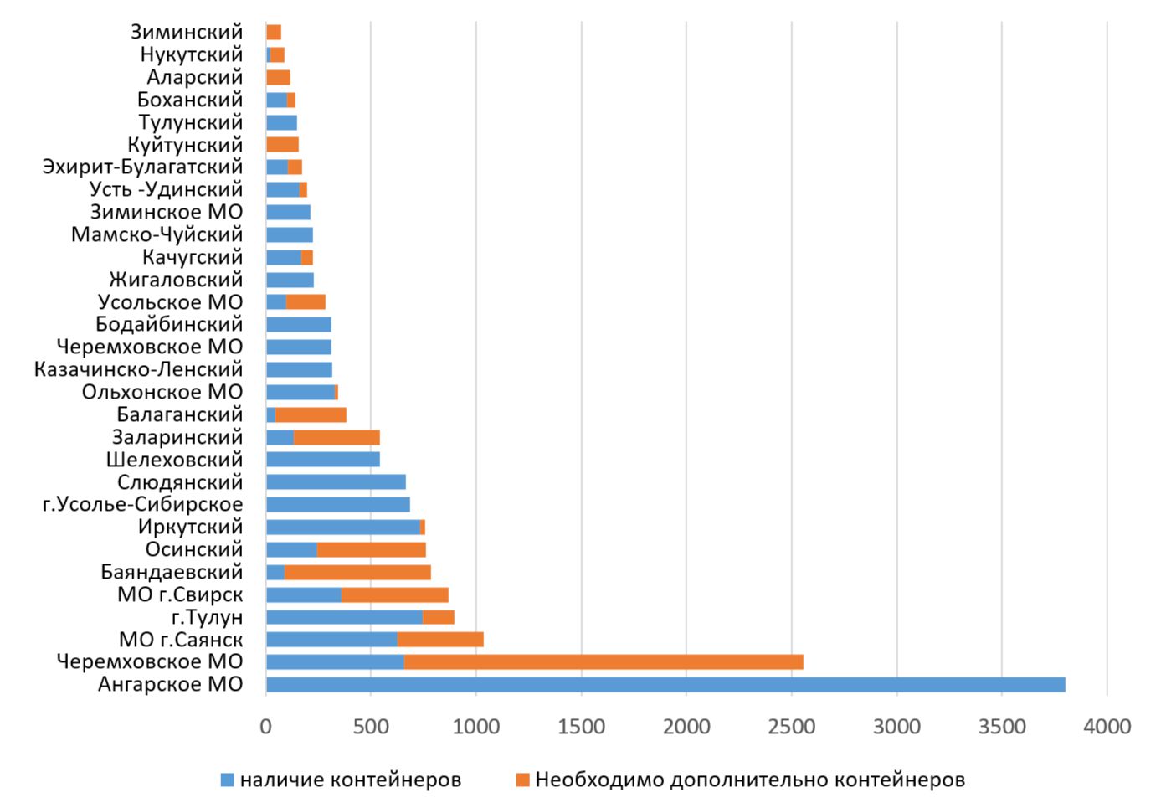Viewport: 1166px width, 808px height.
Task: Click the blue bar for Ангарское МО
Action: coord(665,684)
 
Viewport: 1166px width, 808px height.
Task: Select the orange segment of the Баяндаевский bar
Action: coord(357,572)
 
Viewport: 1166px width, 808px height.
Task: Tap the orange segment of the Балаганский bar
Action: coord(311,414)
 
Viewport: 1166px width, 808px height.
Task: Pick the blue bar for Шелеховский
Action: coord(322,459)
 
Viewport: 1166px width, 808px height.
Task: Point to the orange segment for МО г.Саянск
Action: coord(440,640)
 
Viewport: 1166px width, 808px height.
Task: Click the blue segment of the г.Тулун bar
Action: coord(344,617)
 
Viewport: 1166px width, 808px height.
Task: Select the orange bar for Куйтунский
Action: coord(282,145)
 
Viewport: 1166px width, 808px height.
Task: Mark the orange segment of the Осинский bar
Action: coord(371,549)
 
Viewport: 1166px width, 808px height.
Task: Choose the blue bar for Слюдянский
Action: coord(336,481)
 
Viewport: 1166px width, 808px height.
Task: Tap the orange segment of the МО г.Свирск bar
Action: coord(394,594)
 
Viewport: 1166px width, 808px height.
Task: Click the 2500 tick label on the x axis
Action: coord(791,727)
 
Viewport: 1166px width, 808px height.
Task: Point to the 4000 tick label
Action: coord(1107,727)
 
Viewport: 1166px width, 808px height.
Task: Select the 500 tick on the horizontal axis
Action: coord(371,727)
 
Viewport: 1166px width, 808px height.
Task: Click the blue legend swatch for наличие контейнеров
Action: coord(227,780)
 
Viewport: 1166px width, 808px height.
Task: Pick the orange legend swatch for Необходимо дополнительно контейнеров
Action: coord(522,780)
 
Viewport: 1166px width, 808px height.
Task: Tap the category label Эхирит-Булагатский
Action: coord(142,167)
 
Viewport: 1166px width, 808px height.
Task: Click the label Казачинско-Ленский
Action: coord(138,369)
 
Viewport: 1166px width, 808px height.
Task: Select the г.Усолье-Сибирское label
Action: coord(142,504)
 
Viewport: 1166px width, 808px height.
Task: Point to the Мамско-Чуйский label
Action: coord(157,234)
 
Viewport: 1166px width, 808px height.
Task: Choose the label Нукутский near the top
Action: coord(191,54)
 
